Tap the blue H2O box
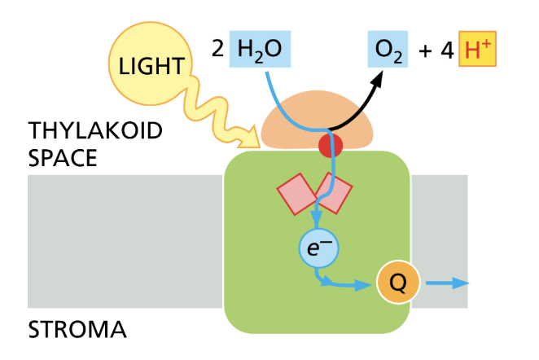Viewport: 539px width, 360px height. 260,50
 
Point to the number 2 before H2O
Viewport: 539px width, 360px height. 217,50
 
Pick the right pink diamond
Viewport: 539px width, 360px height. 335,193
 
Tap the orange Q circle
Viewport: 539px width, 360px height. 397,283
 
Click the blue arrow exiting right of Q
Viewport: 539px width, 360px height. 448,283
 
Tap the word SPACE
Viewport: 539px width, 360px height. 63,157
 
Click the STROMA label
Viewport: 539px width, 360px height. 77,330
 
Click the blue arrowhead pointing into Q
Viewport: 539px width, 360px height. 366,284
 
